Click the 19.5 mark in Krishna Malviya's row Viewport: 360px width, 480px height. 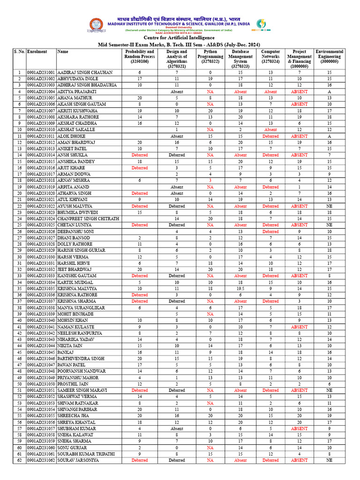(x=240, y=289)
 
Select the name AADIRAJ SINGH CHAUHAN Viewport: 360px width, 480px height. (x=85, y=73)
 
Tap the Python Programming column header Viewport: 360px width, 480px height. (x=210, y=56)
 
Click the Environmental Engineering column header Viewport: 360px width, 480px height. (x=330, y=56)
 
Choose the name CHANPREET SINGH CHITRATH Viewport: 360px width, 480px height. (x=88, y=218)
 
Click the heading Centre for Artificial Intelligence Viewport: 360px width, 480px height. (x=179, y=37)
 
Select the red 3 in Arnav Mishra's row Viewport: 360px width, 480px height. (x=210, y=180)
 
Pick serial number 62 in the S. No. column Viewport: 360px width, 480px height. (x=19, y=460)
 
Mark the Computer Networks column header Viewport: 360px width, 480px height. (x=270, y=56)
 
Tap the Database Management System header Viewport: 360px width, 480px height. (x=240, y=59)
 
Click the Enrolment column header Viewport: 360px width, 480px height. (x=37, y=52)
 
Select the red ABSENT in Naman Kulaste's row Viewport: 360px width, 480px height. (x=300, y=327)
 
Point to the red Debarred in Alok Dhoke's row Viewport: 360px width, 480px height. (x=270, y=135)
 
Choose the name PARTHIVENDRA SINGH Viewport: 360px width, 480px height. (x=81, y=358)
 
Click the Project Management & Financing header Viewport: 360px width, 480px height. (x=300, y=59)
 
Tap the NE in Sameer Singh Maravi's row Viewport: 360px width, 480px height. (x=330, y=390)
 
